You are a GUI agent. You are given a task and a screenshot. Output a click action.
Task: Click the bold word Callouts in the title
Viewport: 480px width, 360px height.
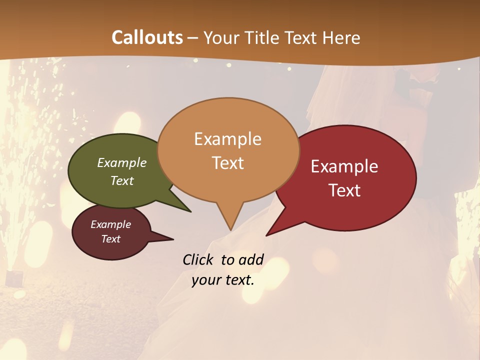[x=147, y=37]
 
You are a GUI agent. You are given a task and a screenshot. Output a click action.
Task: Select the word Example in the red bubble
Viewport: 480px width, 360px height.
[x=344, y=166]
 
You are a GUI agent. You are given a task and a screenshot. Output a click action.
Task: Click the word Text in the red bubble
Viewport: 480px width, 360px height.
[x=344, y=190]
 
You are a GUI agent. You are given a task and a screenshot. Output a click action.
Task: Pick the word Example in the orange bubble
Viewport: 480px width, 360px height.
[x=227, y=139]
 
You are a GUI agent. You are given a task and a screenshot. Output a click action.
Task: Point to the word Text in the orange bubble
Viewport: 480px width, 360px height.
[x=228, y=163]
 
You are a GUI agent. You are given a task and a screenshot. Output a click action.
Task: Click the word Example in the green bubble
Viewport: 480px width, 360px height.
[x=122, y=163]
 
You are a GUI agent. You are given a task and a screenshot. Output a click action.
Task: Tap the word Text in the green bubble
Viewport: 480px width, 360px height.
[x=122, y=180]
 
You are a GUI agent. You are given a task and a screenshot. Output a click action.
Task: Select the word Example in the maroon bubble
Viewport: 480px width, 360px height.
[x=111, y=224]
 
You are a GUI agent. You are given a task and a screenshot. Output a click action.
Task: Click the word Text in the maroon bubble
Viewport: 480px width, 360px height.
[x=111, y=239]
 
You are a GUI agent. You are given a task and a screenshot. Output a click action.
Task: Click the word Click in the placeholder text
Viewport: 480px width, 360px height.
[x=199, y=259]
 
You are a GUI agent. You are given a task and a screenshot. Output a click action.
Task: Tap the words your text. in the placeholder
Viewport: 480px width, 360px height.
[x=223, y=280]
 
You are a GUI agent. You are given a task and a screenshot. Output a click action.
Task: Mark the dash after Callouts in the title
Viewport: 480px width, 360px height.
[x=193, y=38]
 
